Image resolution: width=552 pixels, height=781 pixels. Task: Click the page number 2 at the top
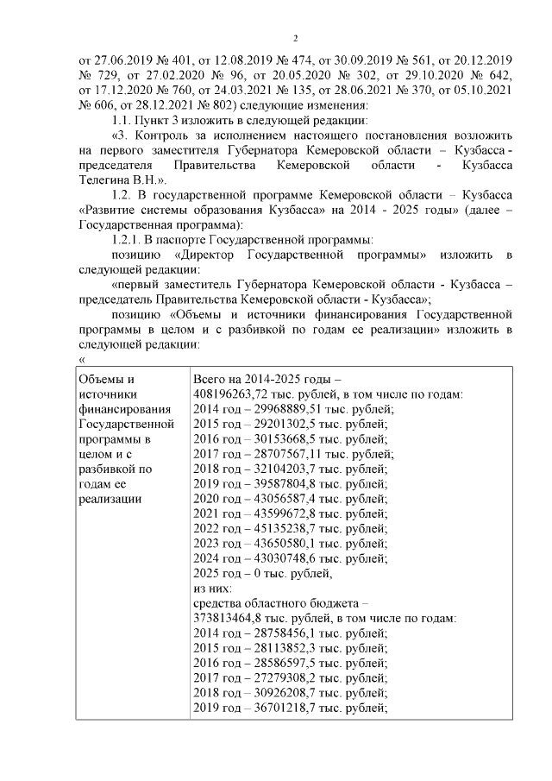pyautogui.click(x=295, y=39)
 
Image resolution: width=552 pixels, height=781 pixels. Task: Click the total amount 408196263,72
pyautogui.click(x=230, y=394)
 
